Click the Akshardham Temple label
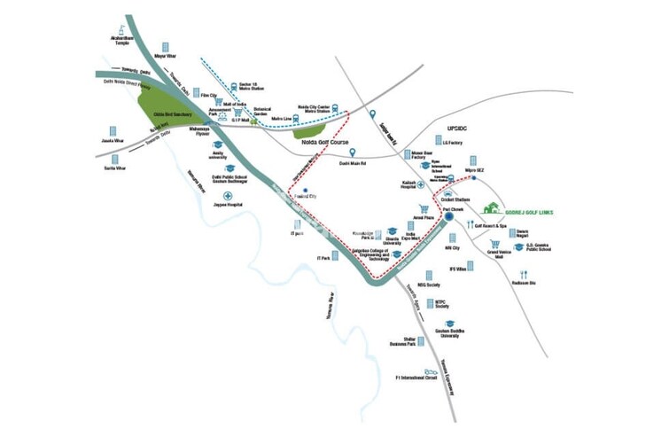click(x=121, y=39)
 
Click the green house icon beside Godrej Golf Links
click(x=490, y=210)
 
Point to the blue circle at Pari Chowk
click(x=450, y=215)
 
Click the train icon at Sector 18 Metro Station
click(x=234, y=86)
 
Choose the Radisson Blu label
click(x=525, y=283)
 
